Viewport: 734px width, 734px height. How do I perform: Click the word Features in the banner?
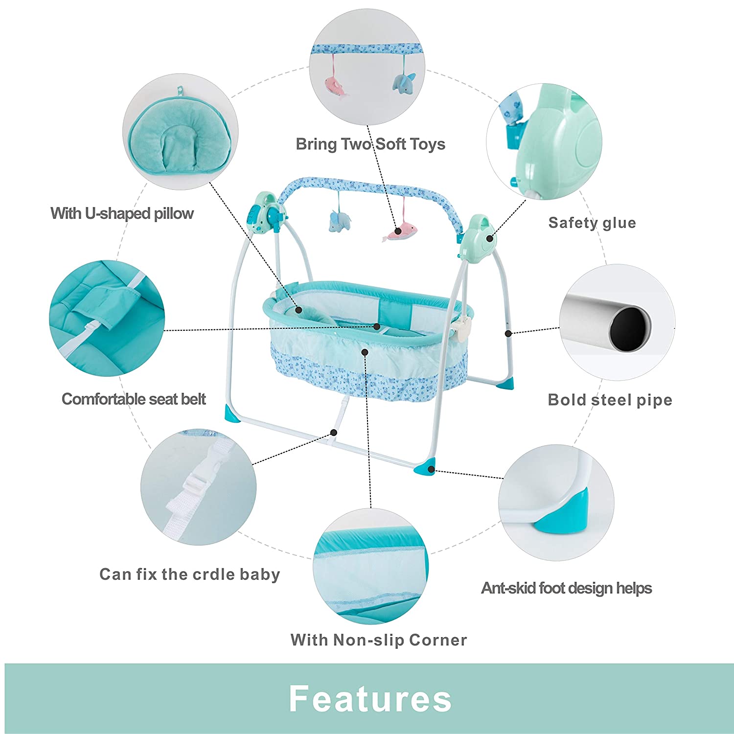[x=370, y=699]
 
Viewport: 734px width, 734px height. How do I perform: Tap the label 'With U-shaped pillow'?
[x=122, y=213]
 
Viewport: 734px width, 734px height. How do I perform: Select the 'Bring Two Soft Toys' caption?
[x=370, y=144]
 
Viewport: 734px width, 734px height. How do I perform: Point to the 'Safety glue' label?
[x=592, y=223]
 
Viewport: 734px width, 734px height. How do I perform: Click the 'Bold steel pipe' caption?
[x=610, y=400]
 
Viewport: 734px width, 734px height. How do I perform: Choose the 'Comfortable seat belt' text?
[x=134, y=399]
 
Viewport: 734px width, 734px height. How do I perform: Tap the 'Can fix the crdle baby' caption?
[x=190, y=574]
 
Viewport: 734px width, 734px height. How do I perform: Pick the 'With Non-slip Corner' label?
[x=379, y=640]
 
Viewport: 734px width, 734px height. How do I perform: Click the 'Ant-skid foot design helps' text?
[x=566, y=588]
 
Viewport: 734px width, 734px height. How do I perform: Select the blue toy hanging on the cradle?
[x=340, y=221]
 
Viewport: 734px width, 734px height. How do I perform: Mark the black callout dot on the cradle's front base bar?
[x=334, y=433]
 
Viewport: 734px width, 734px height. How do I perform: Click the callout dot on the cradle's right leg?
[x=508, y=333]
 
